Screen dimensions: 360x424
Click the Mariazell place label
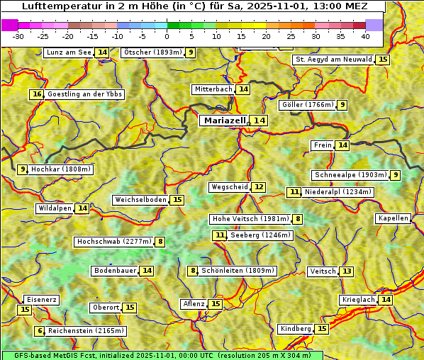[224, 120]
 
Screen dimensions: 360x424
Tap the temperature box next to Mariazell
[260, 120]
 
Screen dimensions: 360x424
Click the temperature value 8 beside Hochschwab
[161, 242]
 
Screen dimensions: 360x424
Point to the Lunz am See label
[69, 52]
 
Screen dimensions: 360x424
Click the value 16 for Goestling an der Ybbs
[37, 94]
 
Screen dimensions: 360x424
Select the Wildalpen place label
[55, 208]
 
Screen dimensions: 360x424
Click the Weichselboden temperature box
[177, 200]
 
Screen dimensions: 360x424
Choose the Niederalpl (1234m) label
[338, 192]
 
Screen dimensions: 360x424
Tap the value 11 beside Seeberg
[221, 235]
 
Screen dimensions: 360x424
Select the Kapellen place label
[393, 218]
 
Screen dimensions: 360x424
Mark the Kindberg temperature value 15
[322, 329]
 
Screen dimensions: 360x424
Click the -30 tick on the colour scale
[18, 36]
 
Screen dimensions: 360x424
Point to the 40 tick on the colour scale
[365, 36]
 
